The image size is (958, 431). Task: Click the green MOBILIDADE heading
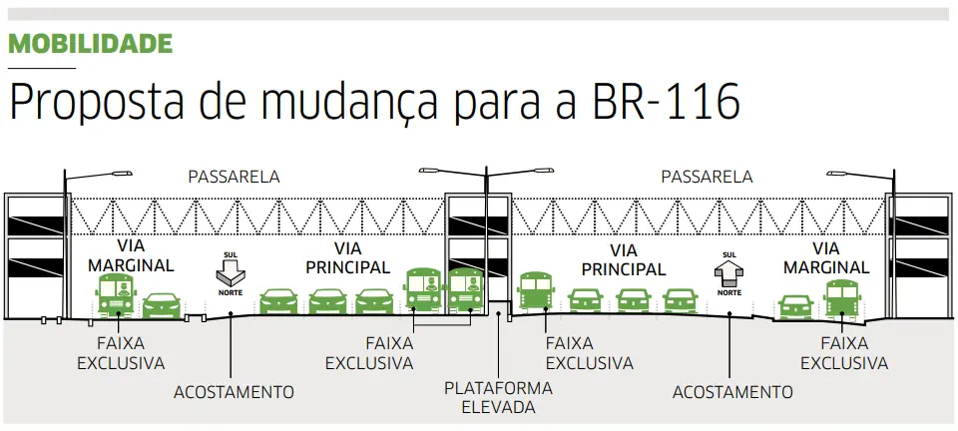coord(91,44)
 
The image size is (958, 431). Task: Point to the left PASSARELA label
coord(234,178)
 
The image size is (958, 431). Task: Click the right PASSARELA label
coord(707,178)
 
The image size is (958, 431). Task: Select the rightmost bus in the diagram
coord(843,297)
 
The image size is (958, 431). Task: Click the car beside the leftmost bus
coord(162,305)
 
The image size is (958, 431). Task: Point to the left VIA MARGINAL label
coord(131,256)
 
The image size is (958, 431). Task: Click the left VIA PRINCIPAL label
coord(347,257)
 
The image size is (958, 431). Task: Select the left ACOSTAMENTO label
coord(234,392)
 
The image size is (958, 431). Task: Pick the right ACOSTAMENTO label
coord(732,392)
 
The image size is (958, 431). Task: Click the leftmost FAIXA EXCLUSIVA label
coord(121,352)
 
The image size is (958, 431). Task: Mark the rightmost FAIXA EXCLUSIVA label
coord(843,352)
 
